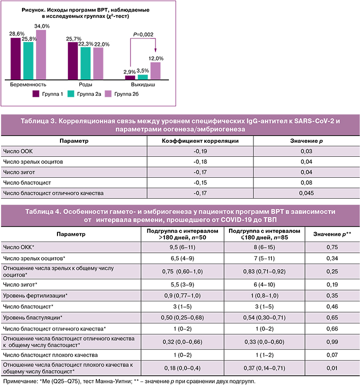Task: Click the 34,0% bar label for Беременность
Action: (x=42, y=26)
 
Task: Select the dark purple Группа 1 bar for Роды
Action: (x=73, y=60)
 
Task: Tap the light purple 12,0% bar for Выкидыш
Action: (x=155, y=70)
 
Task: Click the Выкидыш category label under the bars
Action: (x=142, y=85)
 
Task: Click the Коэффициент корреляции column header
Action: (x=200, y=141)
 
